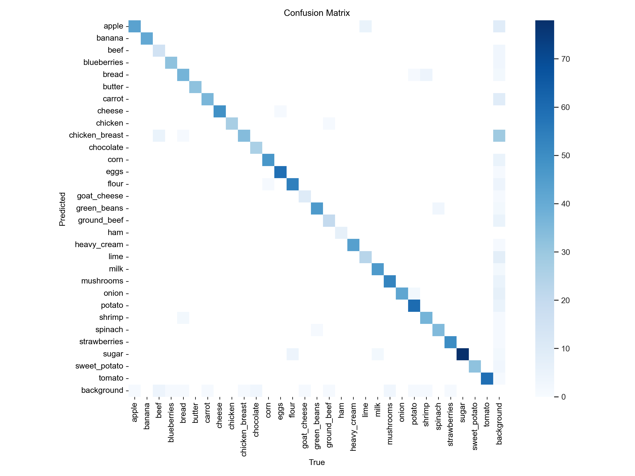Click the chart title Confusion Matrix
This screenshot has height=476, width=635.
[317, 13]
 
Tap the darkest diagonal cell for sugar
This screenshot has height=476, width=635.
[462, 354]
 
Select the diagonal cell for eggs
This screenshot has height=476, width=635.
[280, 172]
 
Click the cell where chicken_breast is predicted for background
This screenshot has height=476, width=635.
[499, 135]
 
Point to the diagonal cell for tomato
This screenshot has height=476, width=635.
[487, 378]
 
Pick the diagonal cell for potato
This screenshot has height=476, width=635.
[414, 305]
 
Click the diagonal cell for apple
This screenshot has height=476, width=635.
[135, 26]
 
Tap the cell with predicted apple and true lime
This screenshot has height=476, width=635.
[365, 26]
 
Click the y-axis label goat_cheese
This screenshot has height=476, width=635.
[100, 196]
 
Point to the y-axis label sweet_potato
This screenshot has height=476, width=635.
[99, 366]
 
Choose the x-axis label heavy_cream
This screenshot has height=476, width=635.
[353, 427]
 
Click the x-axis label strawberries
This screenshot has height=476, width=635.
[450, 424]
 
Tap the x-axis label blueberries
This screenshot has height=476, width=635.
[171, 422]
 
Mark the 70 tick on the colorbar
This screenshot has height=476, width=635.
[565, 59]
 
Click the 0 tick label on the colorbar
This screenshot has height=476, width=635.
[563, 397]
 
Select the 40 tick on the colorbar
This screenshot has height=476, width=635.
[565, 204]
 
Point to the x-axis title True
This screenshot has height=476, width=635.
[317, 462]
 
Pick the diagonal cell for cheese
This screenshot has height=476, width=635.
[220, 111]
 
